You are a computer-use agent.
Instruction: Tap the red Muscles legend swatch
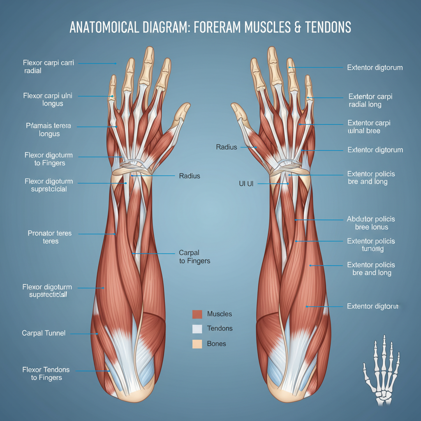[197, 314]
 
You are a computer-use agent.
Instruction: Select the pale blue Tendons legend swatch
[197, 328]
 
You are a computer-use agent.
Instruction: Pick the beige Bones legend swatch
[197, 344]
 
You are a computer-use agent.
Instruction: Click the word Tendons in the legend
[220, 328]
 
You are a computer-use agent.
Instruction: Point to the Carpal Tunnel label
[44, 333]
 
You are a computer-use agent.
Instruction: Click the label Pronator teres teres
[50, 237]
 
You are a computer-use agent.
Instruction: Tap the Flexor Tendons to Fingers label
[46, 374]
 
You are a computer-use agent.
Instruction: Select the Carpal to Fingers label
[194, 257]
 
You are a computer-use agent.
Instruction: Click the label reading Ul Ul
[246, 184]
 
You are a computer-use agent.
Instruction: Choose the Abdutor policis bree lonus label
[371, 223]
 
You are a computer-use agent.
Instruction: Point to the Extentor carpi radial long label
[370, 101]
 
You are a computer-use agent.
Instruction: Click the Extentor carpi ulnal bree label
[368, 127]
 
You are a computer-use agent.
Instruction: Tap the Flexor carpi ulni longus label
[48, 100]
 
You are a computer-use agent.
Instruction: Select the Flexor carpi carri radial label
[48, 67]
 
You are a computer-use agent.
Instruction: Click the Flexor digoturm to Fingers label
[49, 159]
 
